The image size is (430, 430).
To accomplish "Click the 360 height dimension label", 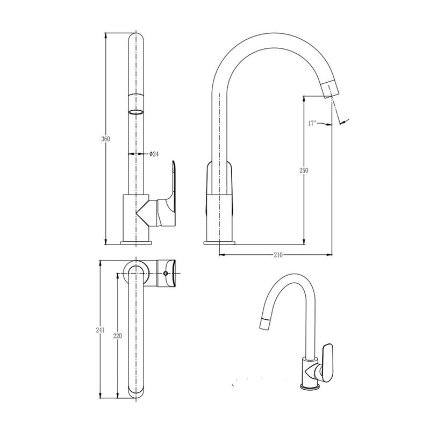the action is point(105,139).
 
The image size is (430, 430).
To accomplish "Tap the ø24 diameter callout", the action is point(154,154).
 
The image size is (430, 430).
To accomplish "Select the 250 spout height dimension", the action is point(304,170).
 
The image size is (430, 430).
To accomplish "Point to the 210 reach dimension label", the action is point(278,255).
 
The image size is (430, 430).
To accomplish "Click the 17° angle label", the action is point(312,123).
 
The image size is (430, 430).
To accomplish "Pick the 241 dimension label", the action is point(100,330).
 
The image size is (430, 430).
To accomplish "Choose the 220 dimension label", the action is point(117,335).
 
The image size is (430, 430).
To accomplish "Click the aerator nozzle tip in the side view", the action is point(330,89).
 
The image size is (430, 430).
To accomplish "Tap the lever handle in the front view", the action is point(166,197).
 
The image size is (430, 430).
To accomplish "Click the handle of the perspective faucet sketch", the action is point(327,362).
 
